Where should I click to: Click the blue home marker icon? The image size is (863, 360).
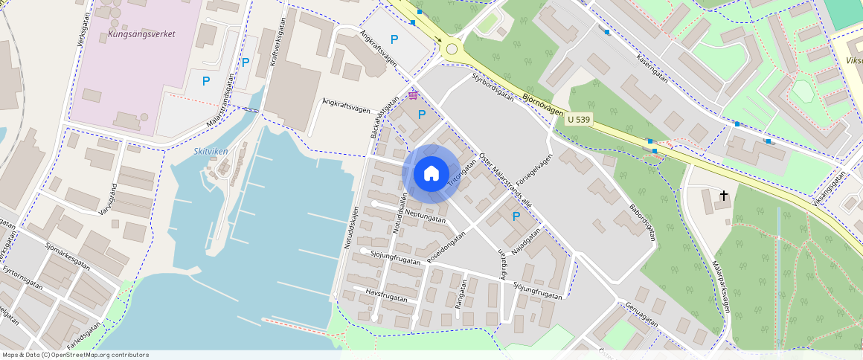(x=431, y=174)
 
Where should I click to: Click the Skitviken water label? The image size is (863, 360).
(x=210, y=151)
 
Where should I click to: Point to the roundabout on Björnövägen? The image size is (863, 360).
(x=452, y=50)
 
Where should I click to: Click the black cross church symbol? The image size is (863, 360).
(x=724, y=196)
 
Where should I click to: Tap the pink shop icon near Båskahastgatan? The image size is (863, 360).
(x=413, y=96)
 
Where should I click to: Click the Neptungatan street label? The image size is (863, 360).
(x=426, y=215)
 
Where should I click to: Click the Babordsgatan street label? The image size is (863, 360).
(x=641, y=222)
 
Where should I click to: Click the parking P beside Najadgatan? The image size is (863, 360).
(x=516, y=216)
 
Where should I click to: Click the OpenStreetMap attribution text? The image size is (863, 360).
(x=74, y=355)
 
